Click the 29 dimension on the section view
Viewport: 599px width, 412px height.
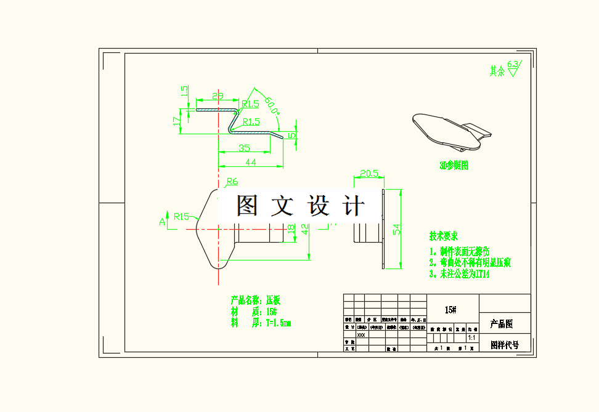pyautogui.click(x=218, y=96)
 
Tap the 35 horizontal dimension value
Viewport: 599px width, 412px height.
pyautogui.click(x=244, y=148)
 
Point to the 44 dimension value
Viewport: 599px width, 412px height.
pyautogui.click(x=251, y=162)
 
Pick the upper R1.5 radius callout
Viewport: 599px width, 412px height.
pyautogui.click(x=250, y=104)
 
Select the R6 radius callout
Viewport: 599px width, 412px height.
pyautogui.click(x=232, y=182)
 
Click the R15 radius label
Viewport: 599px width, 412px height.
pyautogui.click(x=181, y=216)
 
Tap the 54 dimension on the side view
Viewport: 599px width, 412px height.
pyautogui.click(x=397, y=229)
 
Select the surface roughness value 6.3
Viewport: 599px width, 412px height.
pyautogui.click(x=513, y=63)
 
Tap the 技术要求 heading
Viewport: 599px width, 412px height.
pyautogui.click(x=444, y=236)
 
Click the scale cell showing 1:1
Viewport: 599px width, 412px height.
pyautogui.click(x=472, y=338)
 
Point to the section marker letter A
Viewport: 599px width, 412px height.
pyautogui.click(x=163, y=221)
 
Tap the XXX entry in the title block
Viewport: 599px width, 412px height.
pyautogui.click(x=361, y=336)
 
